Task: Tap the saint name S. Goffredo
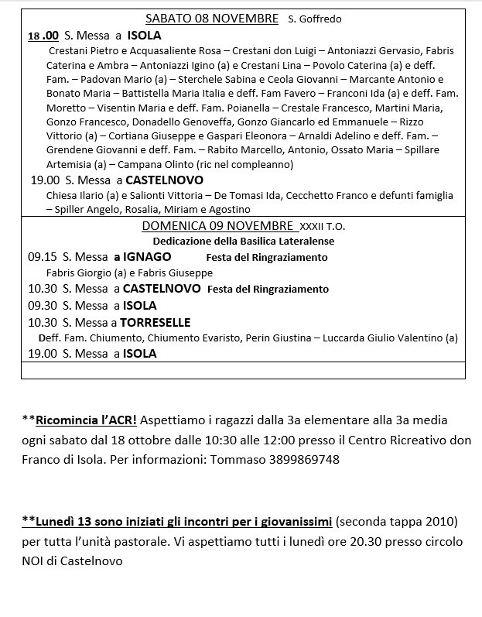315,19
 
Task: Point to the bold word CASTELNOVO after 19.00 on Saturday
165,180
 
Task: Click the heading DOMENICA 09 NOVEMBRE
217,227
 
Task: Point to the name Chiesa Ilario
77,196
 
